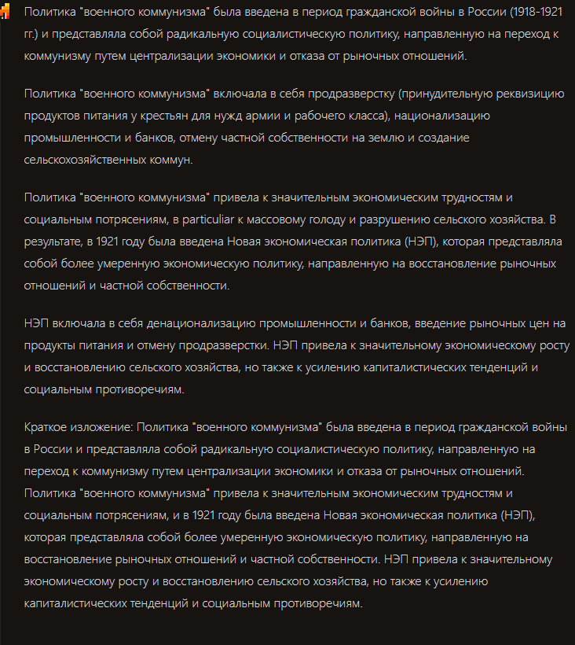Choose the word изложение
pos(104,427)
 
